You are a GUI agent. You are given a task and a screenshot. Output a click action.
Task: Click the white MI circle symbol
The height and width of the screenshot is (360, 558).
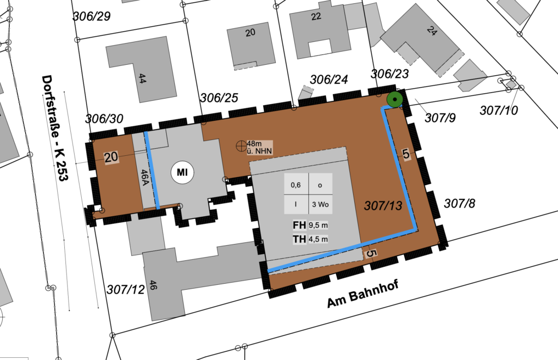pos(183,173)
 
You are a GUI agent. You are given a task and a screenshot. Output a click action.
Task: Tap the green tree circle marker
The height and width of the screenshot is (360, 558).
pos(394,100)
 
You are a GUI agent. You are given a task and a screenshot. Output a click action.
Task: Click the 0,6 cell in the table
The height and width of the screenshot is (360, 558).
pos(296,185)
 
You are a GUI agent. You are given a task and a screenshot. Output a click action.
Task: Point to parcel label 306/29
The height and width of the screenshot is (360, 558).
pos(92,16)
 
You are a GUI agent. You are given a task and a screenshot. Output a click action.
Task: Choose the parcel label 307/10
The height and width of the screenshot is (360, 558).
pos(499,111)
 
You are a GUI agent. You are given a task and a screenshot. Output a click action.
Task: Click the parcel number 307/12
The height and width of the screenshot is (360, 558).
pos(126,289)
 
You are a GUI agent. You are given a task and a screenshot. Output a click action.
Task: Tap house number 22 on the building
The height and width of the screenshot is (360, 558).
pos(316,16)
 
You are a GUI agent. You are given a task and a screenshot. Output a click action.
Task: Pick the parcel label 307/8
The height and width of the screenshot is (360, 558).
pos(459,204)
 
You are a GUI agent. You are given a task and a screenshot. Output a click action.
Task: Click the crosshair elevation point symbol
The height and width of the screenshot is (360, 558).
pos(240,145)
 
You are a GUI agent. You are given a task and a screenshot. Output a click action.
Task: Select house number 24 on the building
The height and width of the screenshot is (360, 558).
pos(433,32)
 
